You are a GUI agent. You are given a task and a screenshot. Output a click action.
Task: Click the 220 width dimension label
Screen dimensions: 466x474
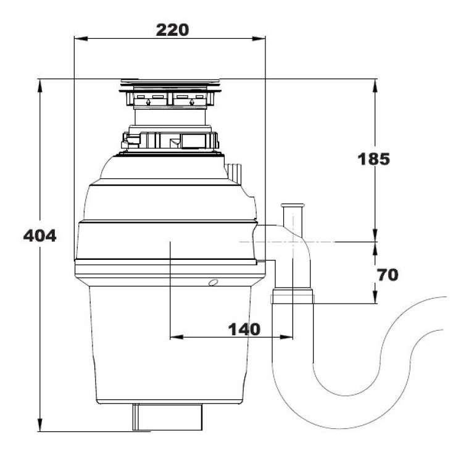tap(172, 30)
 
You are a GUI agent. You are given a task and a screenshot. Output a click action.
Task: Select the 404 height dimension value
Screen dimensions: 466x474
tap(40, 236)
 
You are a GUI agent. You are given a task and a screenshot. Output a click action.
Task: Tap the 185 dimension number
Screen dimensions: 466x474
tap(374, 159)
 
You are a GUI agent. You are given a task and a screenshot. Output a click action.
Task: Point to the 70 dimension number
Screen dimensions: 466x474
tap(388, 275)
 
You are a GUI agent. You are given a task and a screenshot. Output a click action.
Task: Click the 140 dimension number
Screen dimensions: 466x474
tap(244, 329)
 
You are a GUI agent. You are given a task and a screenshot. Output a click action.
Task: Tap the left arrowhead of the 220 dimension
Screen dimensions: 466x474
tap(81, 39)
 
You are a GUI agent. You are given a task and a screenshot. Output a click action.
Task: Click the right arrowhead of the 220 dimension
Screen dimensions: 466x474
tap(259, 39)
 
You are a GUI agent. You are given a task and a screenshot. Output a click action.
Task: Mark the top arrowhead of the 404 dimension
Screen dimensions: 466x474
tap(40, 86)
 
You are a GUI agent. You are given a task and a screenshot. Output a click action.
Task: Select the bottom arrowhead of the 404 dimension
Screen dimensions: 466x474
tap(40, 425)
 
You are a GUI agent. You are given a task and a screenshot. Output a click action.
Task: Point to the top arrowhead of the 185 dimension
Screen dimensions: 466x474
tap(375, 86)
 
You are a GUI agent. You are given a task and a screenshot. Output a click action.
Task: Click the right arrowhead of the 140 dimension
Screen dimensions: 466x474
tap(286, 337)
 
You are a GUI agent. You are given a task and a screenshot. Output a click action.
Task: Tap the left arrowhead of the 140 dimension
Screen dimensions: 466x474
tap(177, 337)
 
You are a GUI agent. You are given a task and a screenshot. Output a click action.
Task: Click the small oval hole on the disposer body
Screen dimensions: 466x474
tap(213, 283)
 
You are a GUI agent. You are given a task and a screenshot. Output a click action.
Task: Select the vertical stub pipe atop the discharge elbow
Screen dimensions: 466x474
tap(293, 220)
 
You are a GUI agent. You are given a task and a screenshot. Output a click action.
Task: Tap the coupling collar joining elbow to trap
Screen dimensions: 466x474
tap(292, 296)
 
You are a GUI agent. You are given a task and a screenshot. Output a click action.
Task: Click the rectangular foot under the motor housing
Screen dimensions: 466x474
tap(167, 417)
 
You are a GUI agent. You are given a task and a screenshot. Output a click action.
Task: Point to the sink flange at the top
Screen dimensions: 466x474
tap(170, 85)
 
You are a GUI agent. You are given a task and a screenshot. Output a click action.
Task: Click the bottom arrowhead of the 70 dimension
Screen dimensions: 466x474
tap(375, 296)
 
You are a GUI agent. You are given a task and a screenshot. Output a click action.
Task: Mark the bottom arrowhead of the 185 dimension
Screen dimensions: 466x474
tap(375, 235)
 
